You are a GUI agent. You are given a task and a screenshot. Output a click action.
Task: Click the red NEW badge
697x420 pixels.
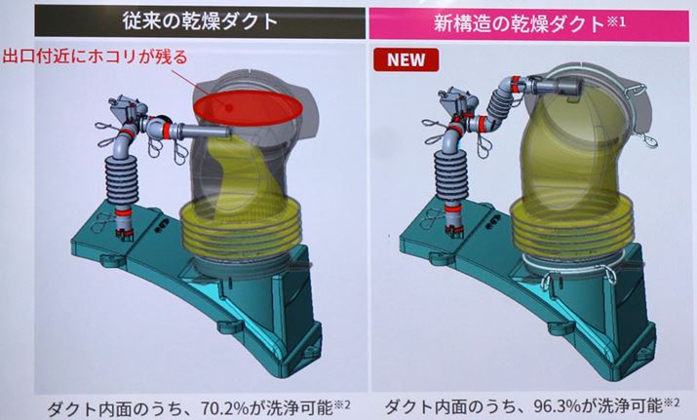(406, 59)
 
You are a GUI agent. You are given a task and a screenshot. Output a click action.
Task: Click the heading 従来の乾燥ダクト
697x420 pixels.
(200, 21)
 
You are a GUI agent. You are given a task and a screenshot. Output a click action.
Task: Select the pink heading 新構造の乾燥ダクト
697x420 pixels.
(520, 23)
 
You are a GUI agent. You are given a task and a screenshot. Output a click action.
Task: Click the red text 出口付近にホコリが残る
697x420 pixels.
(95, 57)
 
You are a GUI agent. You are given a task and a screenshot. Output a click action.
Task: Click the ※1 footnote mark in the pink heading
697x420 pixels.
(616, 21)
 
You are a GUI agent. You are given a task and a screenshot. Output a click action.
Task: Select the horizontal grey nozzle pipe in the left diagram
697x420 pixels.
(206, 132)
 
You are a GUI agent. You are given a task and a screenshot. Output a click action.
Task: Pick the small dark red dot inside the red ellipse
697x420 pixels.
(229, 107)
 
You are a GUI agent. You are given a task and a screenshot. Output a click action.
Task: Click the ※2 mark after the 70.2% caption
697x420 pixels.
(342, 404)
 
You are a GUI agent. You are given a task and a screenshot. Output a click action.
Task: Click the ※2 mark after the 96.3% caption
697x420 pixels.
(672, 403)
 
